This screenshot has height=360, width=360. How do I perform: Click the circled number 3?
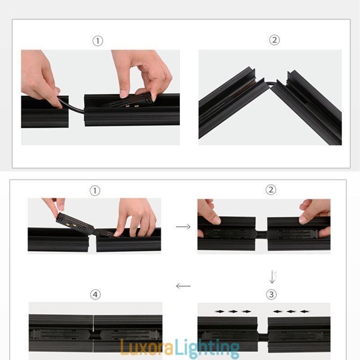click(x=271, y=295)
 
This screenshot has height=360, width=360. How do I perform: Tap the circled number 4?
click(x=95, y=295)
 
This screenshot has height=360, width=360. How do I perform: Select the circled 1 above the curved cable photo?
click(x=98, y=41)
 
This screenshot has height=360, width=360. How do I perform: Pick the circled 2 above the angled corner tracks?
click(x=274, y=40)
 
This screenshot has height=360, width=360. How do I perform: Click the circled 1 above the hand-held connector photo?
click(x=94, y=190)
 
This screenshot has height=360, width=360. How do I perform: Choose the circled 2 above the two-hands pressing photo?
click(x=270, y=190)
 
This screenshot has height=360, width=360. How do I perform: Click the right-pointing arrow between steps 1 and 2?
click(x=183, y=227)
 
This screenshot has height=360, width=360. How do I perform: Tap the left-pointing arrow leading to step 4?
click(x=183, y=286)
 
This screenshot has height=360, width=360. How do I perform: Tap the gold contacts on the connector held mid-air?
click(x=67, y=224)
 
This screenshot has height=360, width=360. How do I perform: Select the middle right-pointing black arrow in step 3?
click(x=233, y=311)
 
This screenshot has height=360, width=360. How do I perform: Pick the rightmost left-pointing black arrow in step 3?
click(x=305, y=311)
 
